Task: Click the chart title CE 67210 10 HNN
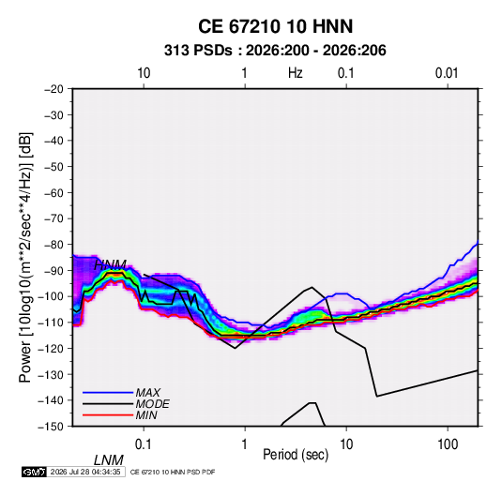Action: [x=275, y=26]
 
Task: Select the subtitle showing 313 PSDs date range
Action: [x=275, y=51]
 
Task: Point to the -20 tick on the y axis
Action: [x=53, y=89]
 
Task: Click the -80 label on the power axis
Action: [x=53, y=245]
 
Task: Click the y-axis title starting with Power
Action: [x=25, y=257]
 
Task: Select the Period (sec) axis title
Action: [x=296, y=455]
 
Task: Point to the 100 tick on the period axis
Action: [x=448, y=444]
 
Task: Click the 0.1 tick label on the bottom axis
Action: [x=144, y=444]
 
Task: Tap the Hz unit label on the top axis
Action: [x=296, y=73]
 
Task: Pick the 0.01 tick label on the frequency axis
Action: [x=447, y=73]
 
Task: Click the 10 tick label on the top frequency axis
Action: [x=144, y=73]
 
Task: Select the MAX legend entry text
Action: [x=148, y=392]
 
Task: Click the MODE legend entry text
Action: [x=152, y=404]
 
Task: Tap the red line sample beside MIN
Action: [x=108, y=415]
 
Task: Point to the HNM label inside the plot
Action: [x=110, y=264]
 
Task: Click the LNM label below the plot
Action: [x=109, y=460]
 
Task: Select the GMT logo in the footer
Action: [x=35, y=472]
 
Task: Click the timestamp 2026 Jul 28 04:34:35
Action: [x=85, y=472]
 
